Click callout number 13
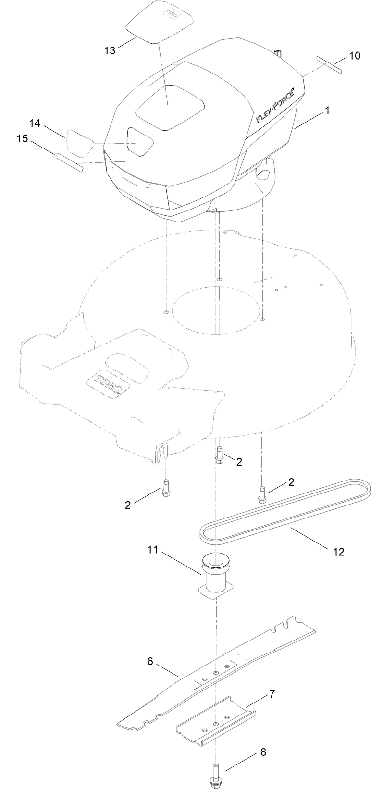point(110,49)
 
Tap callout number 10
point(354,55)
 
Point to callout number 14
point(35,123)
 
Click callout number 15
point(22,138)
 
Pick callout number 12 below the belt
point(339,552)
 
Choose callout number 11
point(153,550)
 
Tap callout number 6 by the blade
point(150,661)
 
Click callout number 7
point(272,694)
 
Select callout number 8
point(263,752)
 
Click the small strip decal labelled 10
point(329,65)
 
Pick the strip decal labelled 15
point(70,162)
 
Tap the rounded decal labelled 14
point(79,141)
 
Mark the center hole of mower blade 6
point(215,673)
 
